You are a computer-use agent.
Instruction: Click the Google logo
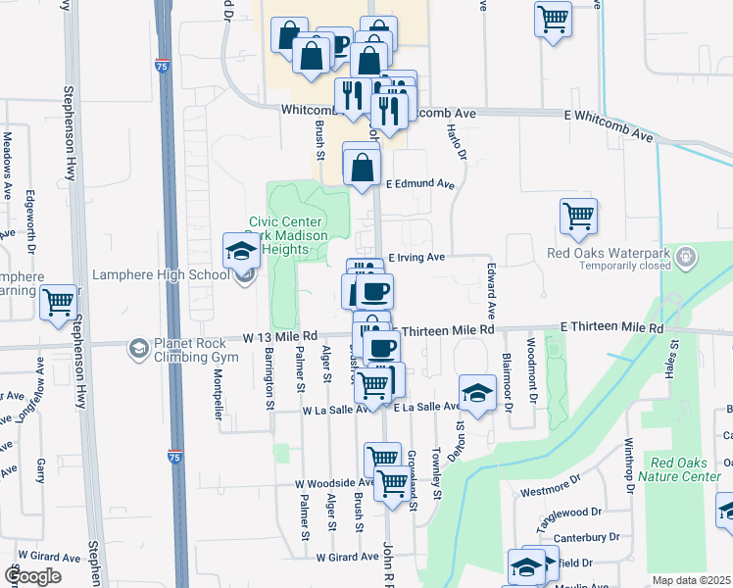point(32,575)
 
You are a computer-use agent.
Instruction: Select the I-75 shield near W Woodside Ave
point(172,456)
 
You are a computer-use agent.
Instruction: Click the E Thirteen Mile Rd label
point(611,327)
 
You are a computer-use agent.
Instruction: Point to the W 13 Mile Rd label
point(281,338)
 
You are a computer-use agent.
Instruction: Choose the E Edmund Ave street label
point(420,183)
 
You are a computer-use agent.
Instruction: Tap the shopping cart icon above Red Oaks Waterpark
point(578,216)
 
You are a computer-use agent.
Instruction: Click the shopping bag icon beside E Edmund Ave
point(362,165)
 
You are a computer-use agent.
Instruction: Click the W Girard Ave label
point(347,556)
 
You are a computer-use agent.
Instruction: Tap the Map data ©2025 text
point(692,580)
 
